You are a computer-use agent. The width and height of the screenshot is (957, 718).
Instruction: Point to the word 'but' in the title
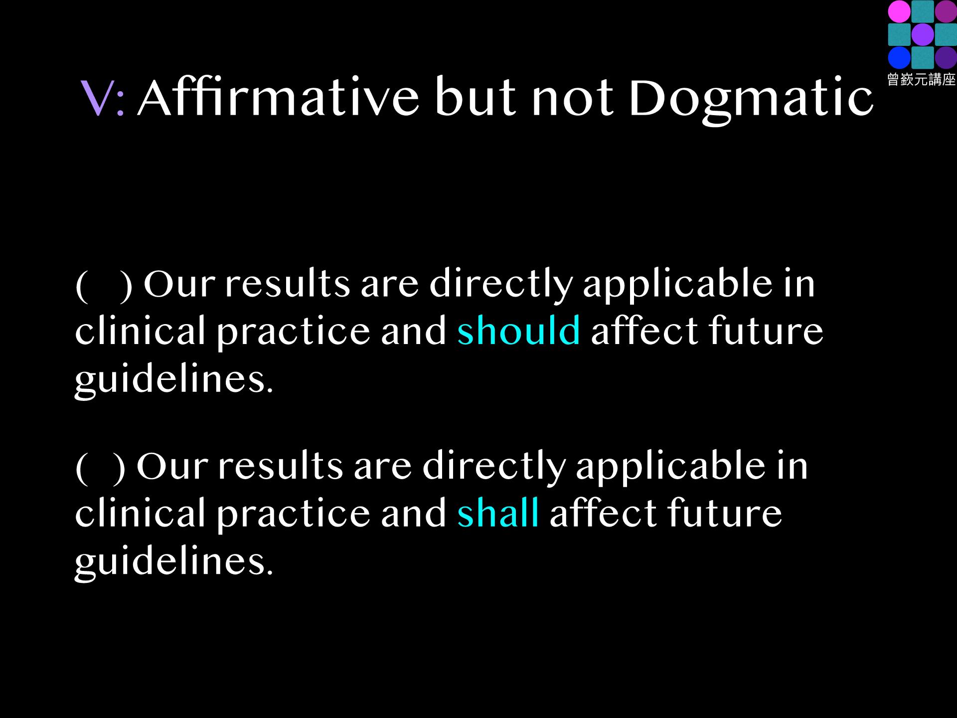pos(476,97)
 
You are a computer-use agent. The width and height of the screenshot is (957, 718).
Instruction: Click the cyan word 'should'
pos(519,330)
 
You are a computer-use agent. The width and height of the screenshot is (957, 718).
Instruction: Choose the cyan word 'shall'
pos(498,512)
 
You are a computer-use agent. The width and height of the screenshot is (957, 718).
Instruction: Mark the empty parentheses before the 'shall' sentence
pos(101,467)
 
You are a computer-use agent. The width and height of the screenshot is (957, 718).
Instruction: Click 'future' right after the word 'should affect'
pos(766,330)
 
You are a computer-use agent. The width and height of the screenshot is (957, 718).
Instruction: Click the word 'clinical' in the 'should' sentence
pos(140,330)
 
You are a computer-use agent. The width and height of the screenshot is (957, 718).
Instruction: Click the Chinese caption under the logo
pos(922,79)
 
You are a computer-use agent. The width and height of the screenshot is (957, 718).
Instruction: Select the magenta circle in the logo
pos(899,11)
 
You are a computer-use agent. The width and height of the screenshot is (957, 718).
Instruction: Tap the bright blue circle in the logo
pos(899,57)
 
